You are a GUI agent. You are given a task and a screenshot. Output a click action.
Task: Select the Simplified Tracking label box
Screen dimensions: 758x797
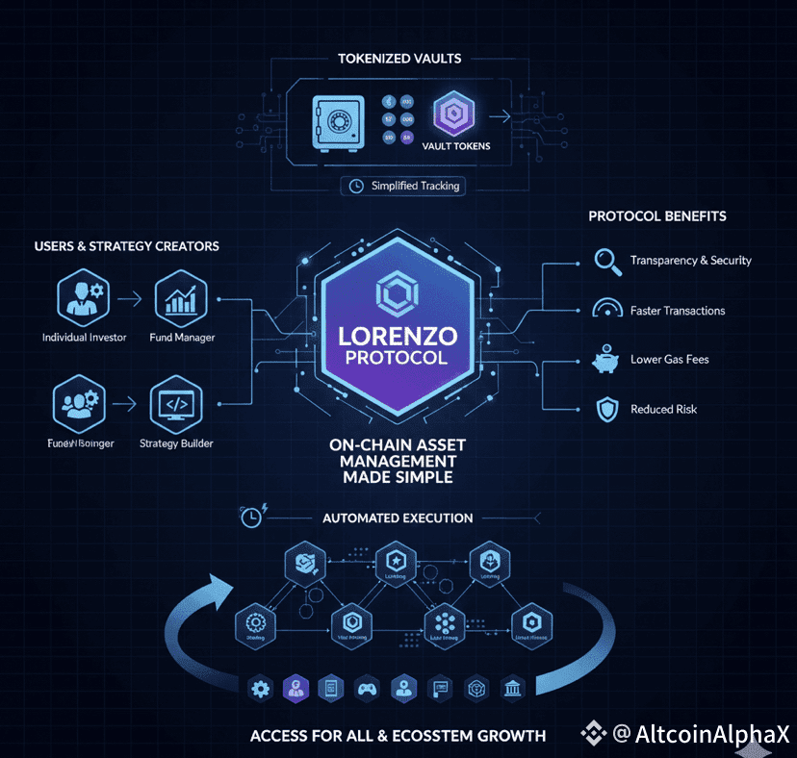tap(404, 186)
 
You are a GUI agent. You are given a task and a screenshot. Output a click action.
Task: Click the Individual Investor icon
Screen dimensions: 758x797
tap(84, 297)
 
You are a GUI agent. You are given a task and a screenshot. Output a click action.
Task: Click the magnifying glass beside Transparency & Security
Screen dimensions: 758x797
tap(606, 261)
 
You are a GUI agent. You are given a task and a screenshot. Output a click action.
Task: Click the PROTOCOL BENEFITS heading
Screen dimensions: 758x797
tap(657, 216)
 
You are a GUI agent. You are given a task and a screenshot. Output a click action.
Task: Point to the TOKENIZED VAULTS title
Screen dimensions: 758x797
tap(399, 59)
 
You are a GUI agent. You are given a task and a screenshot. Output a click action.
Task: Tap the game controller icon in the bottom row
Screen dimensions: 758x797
tap(366, 688)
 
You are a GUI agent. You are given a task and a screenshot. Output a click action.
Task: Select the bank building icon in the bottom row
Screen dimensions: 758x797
tap(513, 688)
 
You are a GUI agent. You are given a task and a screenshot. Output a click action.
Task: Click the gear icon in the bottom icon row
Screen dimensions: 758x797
tap(258, 688)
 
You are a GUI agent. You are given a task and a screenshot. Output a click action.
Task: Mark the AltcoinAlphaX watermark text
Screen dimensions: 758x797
tap(712, 734)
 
